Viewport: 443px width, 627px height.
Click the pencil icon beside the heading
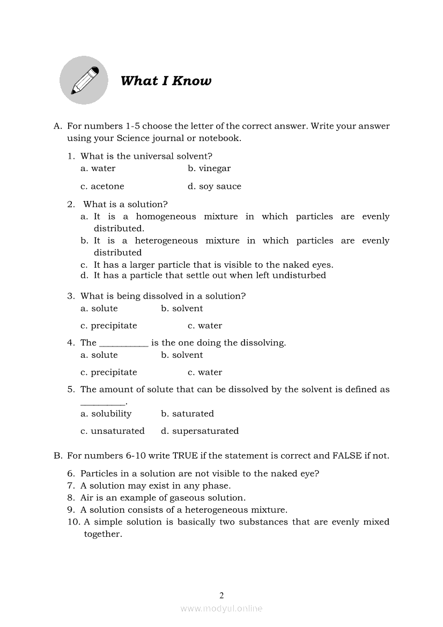(x=84, y=80)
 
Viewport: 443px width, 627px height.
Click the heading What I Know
(x=166, y=81)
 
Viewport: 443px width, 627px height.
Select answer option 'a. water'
(x=98, y=168)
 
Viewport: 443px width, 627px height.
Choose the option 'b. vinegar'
(x=209, y=168)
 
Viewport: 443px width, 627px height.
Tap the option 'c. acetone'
(x=102, y=187)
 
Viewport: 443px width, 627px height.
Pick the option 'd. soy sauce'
(x=215, y=187)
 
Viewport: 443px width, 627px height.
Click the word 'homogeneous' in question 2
(x=166, y=217)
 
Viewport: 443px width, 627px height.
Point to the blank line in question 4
(x=124, y=343)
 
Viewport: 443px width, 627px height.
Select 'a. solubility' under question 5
(x=106, y=414)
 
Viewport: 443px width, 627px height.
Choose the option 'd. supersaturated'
(x=200, y=431)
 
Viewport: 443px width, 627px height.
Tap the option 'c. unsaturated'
(x=113, y=431)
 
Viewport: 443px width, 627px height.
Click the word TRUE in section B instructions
(x=185, y=456)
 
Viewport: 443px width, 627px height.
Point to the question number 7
(x=70, y=486)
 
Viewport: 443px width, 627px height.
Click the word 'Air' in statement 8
(x=87, y=498)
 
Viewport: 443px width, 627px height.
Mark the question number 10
(x=73, y=522)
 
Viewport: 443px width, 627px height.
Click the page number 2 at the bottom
(x=222, y=595)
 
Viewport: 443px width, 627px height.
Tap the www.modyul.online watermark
(x=222, y=608)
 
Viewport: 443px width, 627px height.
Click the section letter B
(x=57, y=456)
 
